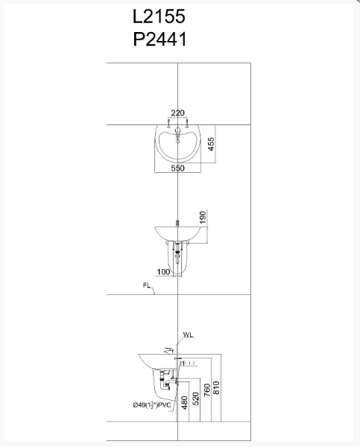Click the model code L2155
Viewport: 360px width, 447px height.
(159, 16)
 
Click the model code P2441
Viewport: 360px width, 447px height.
(159, 38)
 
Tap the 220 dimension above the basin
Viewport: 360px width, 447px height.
(177, 113)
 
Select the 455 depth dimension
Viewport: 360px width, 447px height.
(212, 145)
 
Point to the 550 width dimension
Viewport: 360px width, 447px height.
(177, 169)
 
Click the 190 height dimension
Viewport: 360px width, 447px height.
(201, 217)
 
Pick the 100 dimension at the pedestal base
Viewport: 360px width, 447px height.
(163, 273)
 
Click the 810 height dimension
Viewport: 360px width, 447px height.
(217, 388)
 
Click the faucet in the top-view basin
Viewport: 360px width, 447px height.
(178, 138)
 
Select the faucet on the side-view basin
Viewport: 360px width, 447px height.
(171, 350)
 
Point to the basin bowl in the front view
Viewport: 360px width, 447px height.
(178, 232)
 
